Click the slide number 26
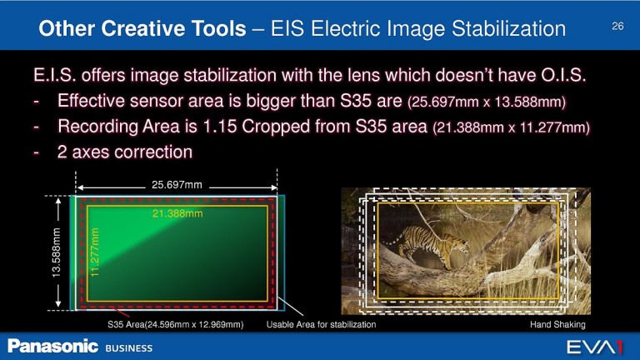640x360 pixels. [x=617, y=26]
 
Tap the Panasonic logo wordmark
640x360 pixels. [x=52, y=346]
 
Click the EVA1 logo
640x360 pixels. [x=595, y=347]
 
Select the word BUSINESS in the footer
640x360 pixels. [x=129, y=348]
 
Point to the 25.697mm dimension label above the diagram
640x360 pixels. [x=177, y=185]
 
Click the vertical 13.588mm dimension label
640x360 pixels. [x=57, y=253]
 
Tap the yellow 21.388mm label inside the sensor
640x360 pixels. [x=177, y=213]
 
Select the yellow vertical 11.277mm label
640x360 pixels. [x=95, y=252]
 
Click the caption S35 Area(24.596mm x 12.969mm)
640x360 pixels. [x=176, y=324]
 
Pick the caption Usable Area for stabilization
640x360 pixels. [x=321, y=324]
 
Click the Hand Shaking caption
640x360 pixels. [x=557, y=324]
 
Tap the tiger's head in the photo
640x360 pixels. [x=460, y=245]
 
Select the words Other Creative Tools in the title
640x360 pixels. [x=142, y=28]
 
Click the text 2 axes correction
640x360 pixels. [x=125, y=152]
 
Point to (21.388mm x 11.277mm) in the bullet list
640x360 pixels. [x=511, y=127]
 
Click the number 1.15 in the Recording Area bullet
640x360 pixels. [x=220, y=127]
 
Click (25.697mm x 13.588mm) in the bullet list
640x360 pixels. [x=487, y=102]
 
